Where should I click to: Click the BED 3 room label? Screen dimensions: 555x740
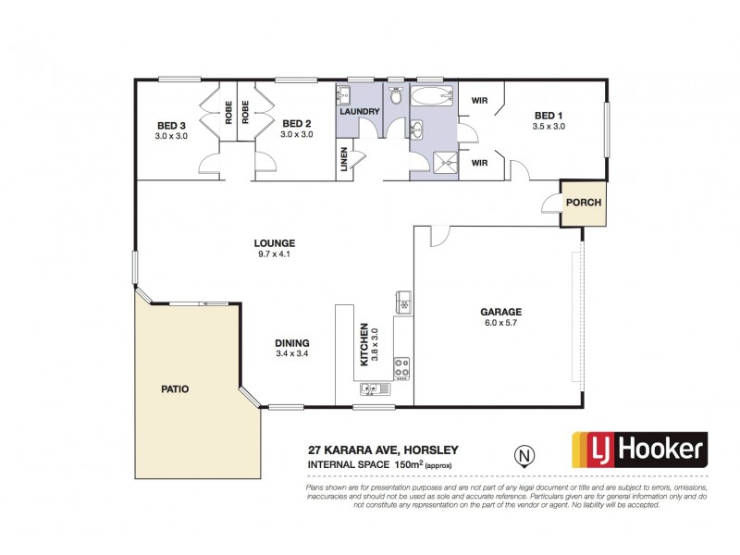[171, 125]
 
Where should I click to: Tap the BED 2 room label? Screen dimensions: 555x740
[296, 124]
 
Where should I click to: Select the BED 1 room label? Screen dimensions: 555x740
[549, 116]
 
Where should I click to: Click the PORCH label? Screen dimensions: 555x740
[584, 203]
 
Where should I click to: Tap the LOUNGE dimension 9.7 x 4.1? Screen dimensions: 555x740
[275, 254]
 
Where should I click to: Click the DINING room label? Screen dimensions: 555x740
[291, 342]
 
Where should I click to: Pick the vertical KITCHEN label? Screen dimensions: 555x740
[364, 344]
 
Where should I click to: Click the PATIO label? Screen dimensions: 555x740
[173, 389]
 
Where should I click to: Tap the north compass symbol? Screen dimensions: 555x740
[524, 455]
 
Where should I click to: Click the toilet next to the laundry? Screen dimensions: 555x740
[396, 95]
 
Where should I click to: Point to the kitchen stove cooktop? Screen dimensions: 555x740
[402, 367]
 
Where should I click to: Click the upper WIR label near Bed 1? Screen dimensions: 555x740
[480, 100]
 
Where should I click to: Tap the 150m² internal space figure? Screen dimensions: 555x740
[411, 463]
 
